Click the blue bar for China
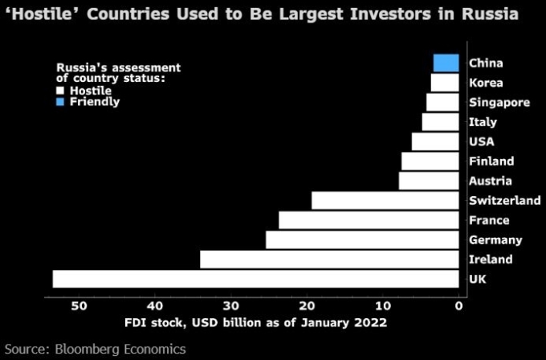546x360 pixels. (x=446, y=63)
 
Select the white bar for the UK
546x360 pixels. (x=255, y=279)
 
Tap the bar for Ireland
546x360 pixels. (x=329, y=260)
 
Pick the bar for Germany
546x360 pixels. (x=362, y=239)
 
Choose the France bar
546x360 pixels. (x=369, y=220)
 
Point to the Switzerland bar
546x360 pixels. (x=385, y=200)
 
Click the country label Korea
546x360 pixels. (x=485, y=83)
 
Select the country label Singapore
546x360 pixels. (x=499, y=102)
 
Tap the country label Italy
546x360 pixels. (x=483, y=122)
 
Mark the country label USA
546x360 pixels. (x=482, y=141)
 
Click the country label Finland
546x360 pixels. (x=491, y=162)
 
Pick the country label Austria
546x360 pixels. (x=490, y=181)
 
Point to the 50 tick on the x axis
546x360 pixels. (x=79, y=305)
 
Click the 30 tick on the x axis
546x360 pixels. (x=230, y=305)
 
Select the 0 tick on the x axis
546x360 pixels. (x=458, y=305)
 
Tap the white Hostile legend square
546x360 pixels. (x=61, y=91)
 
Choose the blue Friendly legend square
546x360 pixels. (x=61, y=102)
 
